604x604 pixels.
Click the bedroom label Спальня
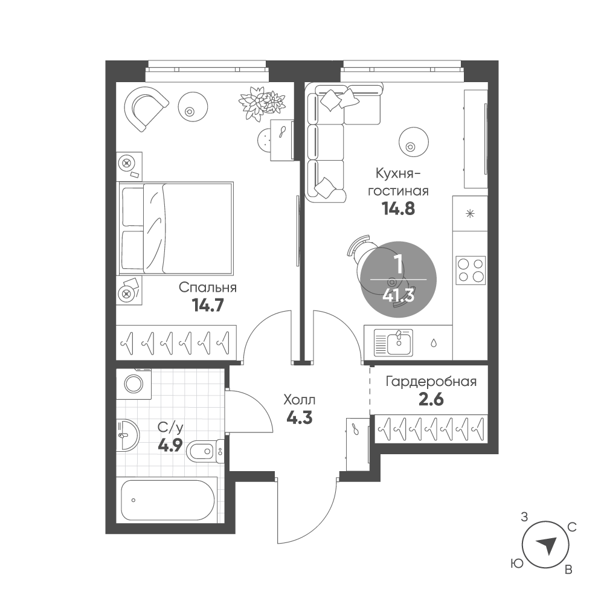208,288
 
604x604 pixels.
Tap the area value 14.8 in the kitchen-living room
398,209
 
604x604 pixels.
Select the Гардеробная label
431,382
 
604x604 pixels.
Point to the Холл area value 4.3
300,418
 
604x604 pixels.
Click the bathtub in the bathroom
167,500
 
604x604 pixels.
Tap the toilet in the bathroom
205,451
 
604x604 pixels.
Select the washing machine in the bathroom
133,384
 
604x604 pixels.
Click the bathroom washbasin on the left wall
127,435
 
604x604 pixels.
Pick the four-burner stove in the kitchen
471,271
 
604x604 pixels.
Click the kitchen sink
394,342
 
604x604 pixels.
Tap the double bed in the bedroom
176,229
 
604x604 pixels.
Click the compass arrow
547,545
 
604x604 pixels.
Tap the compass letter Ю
517,564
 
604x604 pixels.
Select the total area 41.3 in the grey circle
398,296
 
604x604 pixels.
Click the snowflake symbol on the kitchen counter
470,213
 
